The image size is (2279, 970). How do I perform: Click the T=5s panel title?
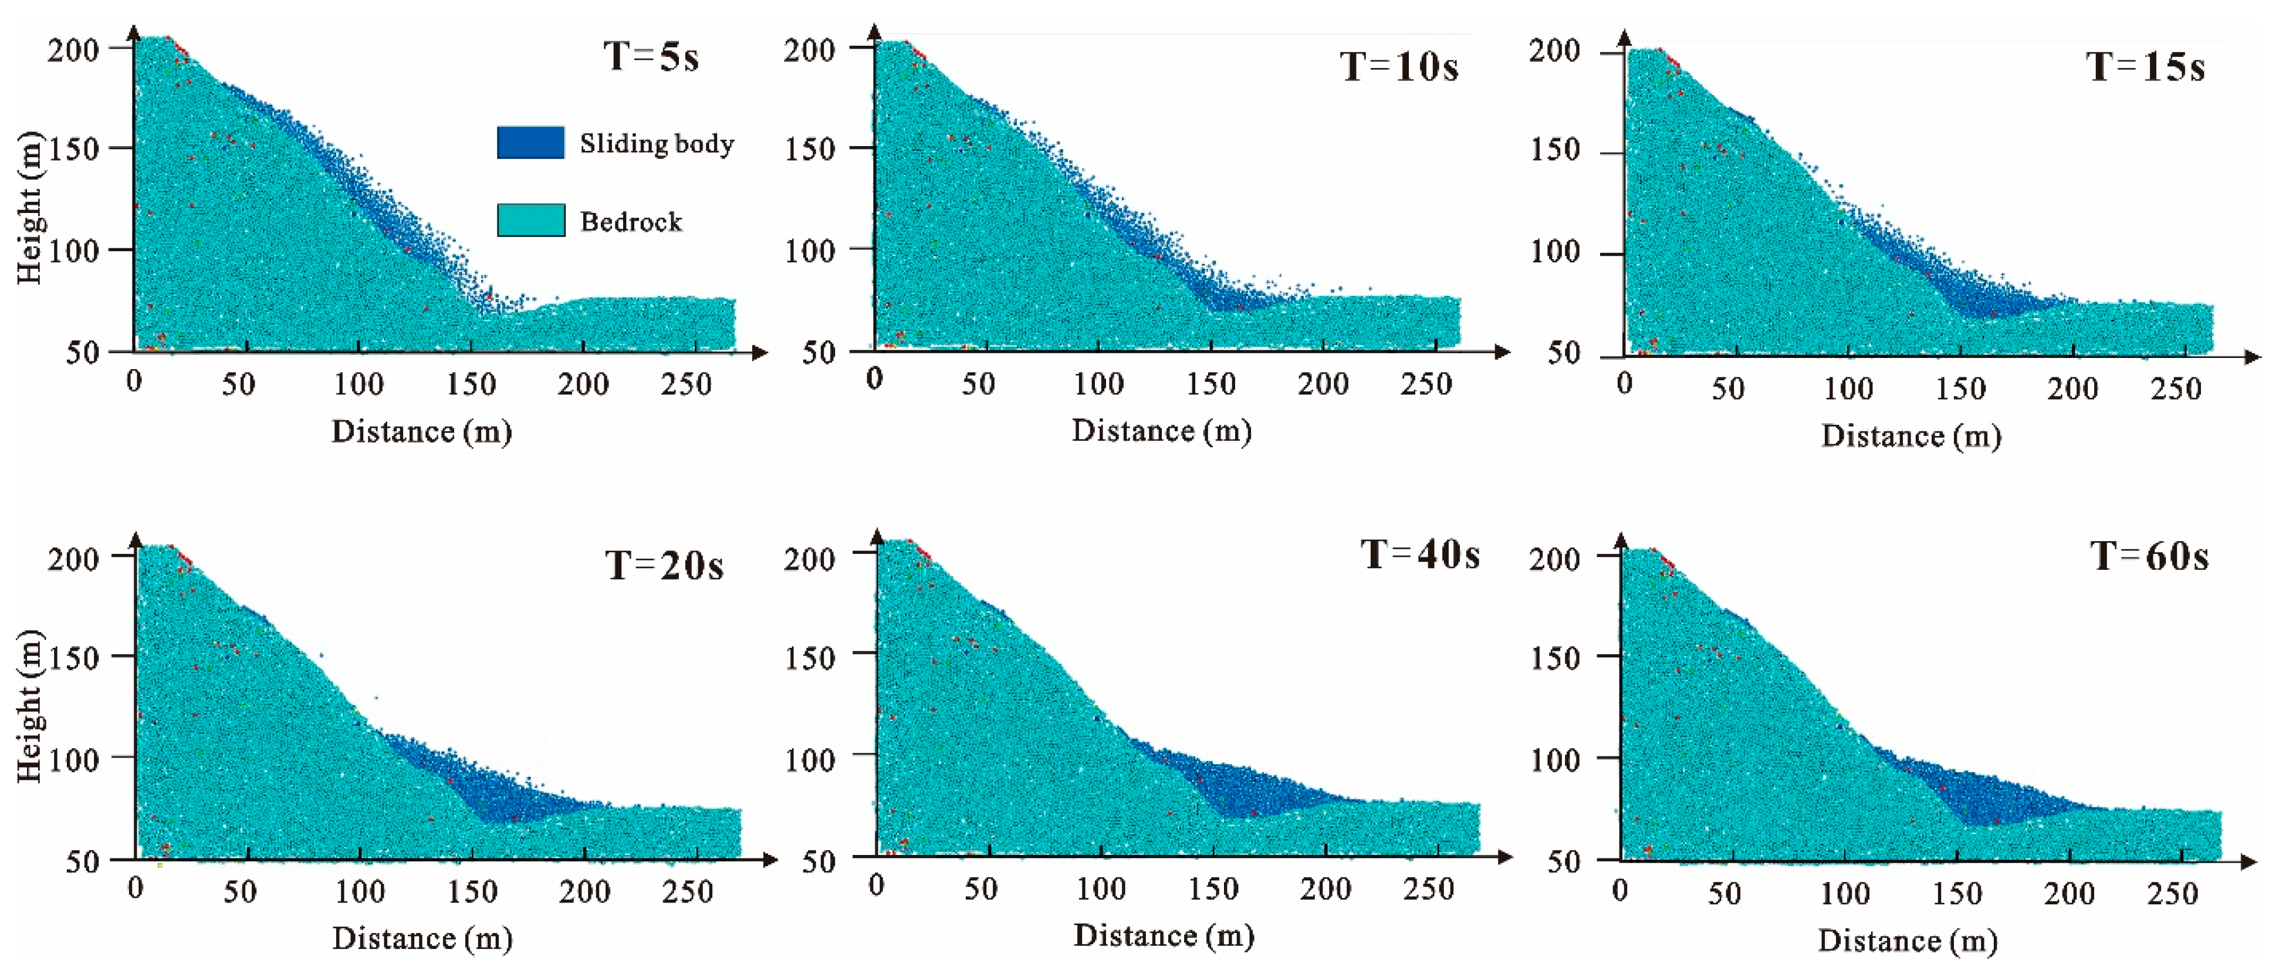pos(651,57)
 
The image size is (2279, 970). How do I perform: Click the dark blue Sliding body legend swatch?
pos(530,143)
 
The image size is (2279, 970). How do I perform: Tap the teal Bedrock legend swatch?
pos(530,221)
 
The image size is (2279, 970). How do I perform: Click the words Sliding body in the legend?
pos(657,143)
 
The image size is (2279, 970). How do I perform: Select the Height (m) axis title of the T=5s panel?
pos(29,208)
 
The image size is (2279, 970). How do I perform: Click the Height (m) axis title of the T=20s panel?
pos(29,707)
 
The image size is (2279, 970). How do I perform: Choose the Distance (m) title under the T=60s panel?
pos(1908,940)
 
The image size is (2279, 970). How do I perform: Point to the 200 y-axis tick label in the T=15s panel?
pos(1554,50)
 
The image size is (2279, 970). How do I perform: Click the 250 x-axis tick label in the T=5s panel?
pos(686,384)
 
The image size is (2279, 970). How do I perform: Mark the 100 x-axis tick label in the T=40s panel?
pos(1101,888)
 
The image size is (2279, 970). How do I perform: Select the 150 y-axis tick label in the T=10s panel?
pos(810,148)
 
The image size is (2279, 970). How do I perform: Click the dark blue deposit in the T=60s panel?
pos(2000,796)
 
